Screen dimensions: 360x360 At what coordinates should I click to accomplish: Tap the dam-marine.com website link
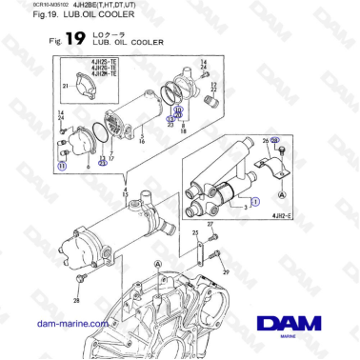[x=71, y=324]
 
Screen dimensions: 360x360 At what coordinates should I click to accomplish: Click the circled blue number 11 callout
[x=63, y=165]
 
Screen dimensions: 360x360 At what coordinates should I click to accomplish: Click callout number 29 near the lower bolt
[x=225, y=271]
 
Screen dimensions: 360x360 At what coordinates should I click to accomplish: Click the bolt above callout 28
[x=83, y=278]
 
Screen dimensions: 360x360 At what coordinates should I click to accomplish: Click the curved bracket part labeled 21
[x=81, y=84]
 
